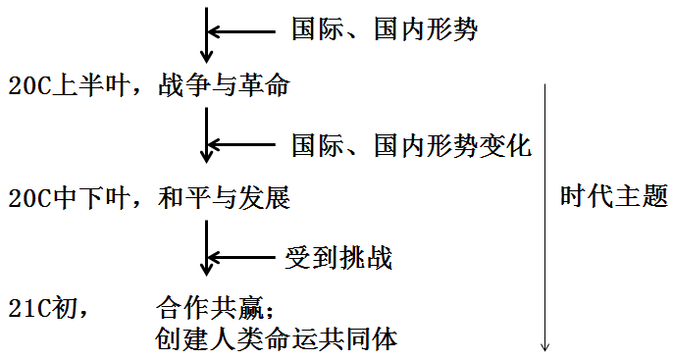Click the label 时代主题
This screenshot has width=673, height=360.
[613, 197]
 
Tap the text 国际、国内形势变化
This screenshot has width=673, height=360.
[411, 147]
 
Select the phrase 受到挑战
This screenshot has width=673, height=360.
[338, 259]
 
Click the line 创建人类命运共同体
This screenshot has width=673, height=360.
[276, 338]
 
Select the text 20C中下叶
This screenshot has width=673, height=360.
[72, 199]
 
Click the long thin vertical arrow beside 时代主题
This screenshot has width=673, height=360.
[545, 216]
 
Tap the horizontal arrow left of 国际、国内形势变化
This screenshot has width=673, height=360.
[247, 147]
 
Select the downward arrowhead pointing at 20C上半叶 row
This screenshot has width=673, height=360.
[206, 54]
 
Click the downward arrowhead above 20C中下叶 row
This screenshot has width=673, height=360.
[206, 155]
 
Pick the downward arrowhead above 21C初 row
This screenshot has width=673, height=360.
[206, 267]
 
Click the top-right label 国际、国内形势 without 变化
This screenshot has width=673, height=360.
[384, 30]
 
